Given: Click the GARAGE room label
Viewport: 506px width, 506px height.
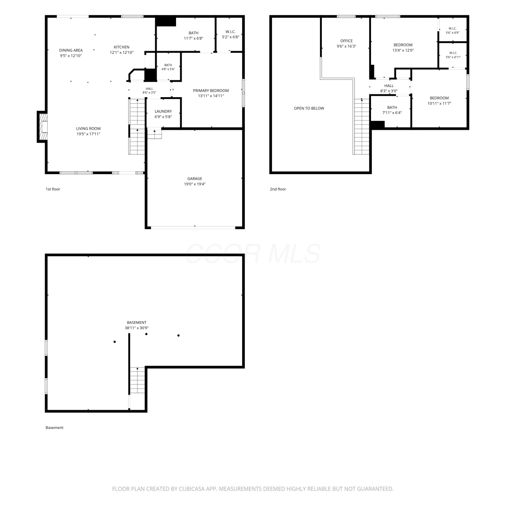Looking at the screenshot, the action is click(x=195, y=179).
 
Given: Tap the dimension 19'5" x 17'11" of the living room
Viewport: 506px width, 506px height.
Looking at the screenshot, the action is click(x=88, y=134).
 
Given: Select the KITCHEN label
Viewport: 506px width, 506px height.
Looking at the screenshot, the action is click(x=121, y=47).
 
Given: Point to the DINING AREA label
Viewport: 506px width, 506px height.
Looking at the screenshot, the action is click(x=71, y=50).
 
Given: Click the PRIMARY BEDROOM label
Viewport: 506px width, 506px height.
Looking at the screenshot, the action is click(x=211, y=90).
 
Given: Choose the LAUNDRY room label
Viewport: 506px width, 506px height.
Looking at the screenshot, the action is click(x=163, y=111).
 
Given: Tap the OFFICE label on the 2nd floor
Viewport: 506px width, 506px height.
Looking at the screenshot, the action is click(x=346, y=41).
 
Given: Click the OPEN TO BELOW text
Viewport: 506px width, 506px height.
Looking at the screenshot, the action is click(x=309, y=108).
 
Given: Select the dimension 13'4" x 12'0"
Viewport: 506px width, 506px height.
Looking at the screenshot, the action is click(x=403, y=50).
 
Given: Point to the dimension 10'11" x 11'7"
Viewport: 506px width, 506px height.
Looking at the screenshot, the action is click(x=439, y=104).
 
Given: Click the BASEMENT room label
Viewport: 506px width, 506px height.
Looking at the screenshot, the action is click(x=137, y=322).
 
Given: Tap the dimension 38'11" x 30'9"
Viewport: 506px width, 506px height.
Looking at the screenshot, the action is click(x=137, y=328).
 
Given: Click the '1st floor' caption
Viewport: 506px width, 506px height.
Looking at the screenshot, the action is click(x=53, y=189).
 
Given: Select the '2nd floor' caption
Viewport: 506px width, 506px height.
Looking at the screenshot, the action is click(x=278, y=189).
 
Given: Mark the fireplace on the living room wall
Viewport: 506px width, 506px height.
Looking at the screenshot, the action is click(x=42, y=127).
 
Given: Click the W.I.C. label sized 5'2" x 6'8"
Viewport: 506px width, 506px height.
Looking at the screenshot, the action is click(x=230, y=32).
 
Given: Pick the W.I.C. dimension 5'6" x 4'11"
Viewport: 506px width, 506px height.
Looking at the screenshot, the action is click(x=453, y=57).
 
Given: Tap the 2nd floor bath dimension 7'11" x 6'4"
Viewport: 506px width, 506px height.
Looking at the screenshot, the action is click(x=392, y=113).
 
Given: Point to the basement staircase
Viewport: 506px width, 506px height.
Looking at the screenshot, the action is click(x=137, y=380).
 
